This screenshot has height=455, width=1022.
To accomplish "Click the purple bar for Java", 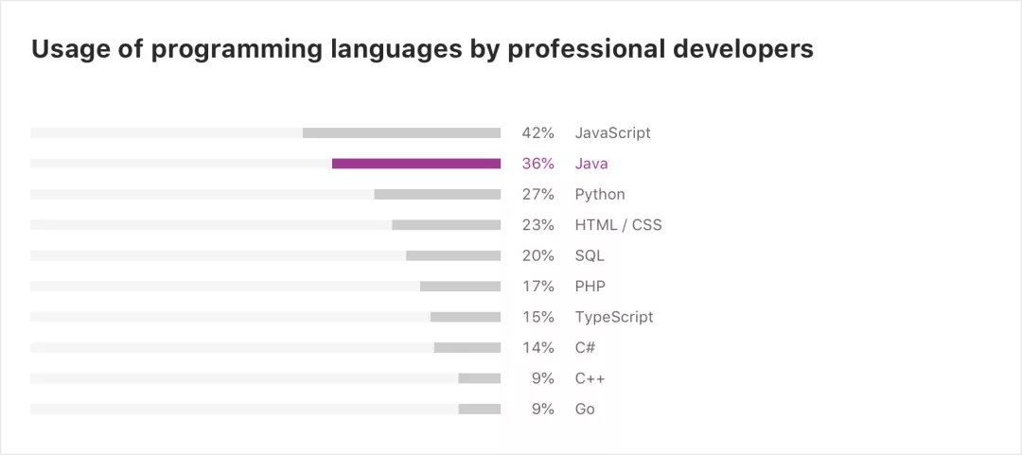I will [x=415, y=164].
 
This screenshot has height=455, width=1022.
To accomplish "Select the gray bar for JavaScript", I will [x=401, y=133].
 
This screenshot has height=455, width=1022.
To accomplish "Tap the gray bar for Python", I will [x=436, y=195].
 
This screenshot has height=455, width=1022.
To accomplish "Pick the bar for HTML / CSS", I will [x=446, y=225].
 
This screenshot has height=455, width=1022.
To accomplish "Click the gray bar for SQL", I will [x=452, y=255].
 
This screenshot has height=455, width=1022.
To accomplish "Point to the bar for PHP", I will [x=460, y=287].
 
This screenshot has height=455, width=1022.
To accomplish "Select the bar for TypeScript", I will [x=465, y=317].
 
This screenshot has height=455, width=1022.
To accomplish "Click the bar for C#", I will [x=467, y=348].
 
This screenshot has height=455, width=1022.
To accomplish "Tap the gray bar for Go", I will [x=479, y=410].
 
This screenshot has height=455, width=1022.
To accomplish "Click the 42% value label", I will [x=537, y=133].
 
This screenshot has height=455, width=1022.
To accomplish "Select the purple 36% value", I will [x=537, y=164].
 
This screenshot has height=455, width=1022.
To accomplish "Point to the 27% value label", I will [x=537, y=195].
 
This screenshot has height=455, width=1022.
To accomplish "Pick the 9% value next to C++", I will [x=542, y=378].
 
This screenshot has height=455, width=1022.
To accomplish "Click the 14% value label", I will [x=537, y=348].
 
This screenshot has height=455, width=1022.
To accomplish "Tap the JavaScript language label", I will [x=612, y=133].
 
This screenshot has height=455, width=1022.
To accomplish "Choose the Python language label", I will [x=600, y=195].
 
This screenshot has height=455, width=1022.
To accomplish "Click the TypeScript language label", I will [x=613, y=317].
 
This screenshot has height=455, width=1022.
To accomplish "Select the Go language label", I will [x=585, y=410].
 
